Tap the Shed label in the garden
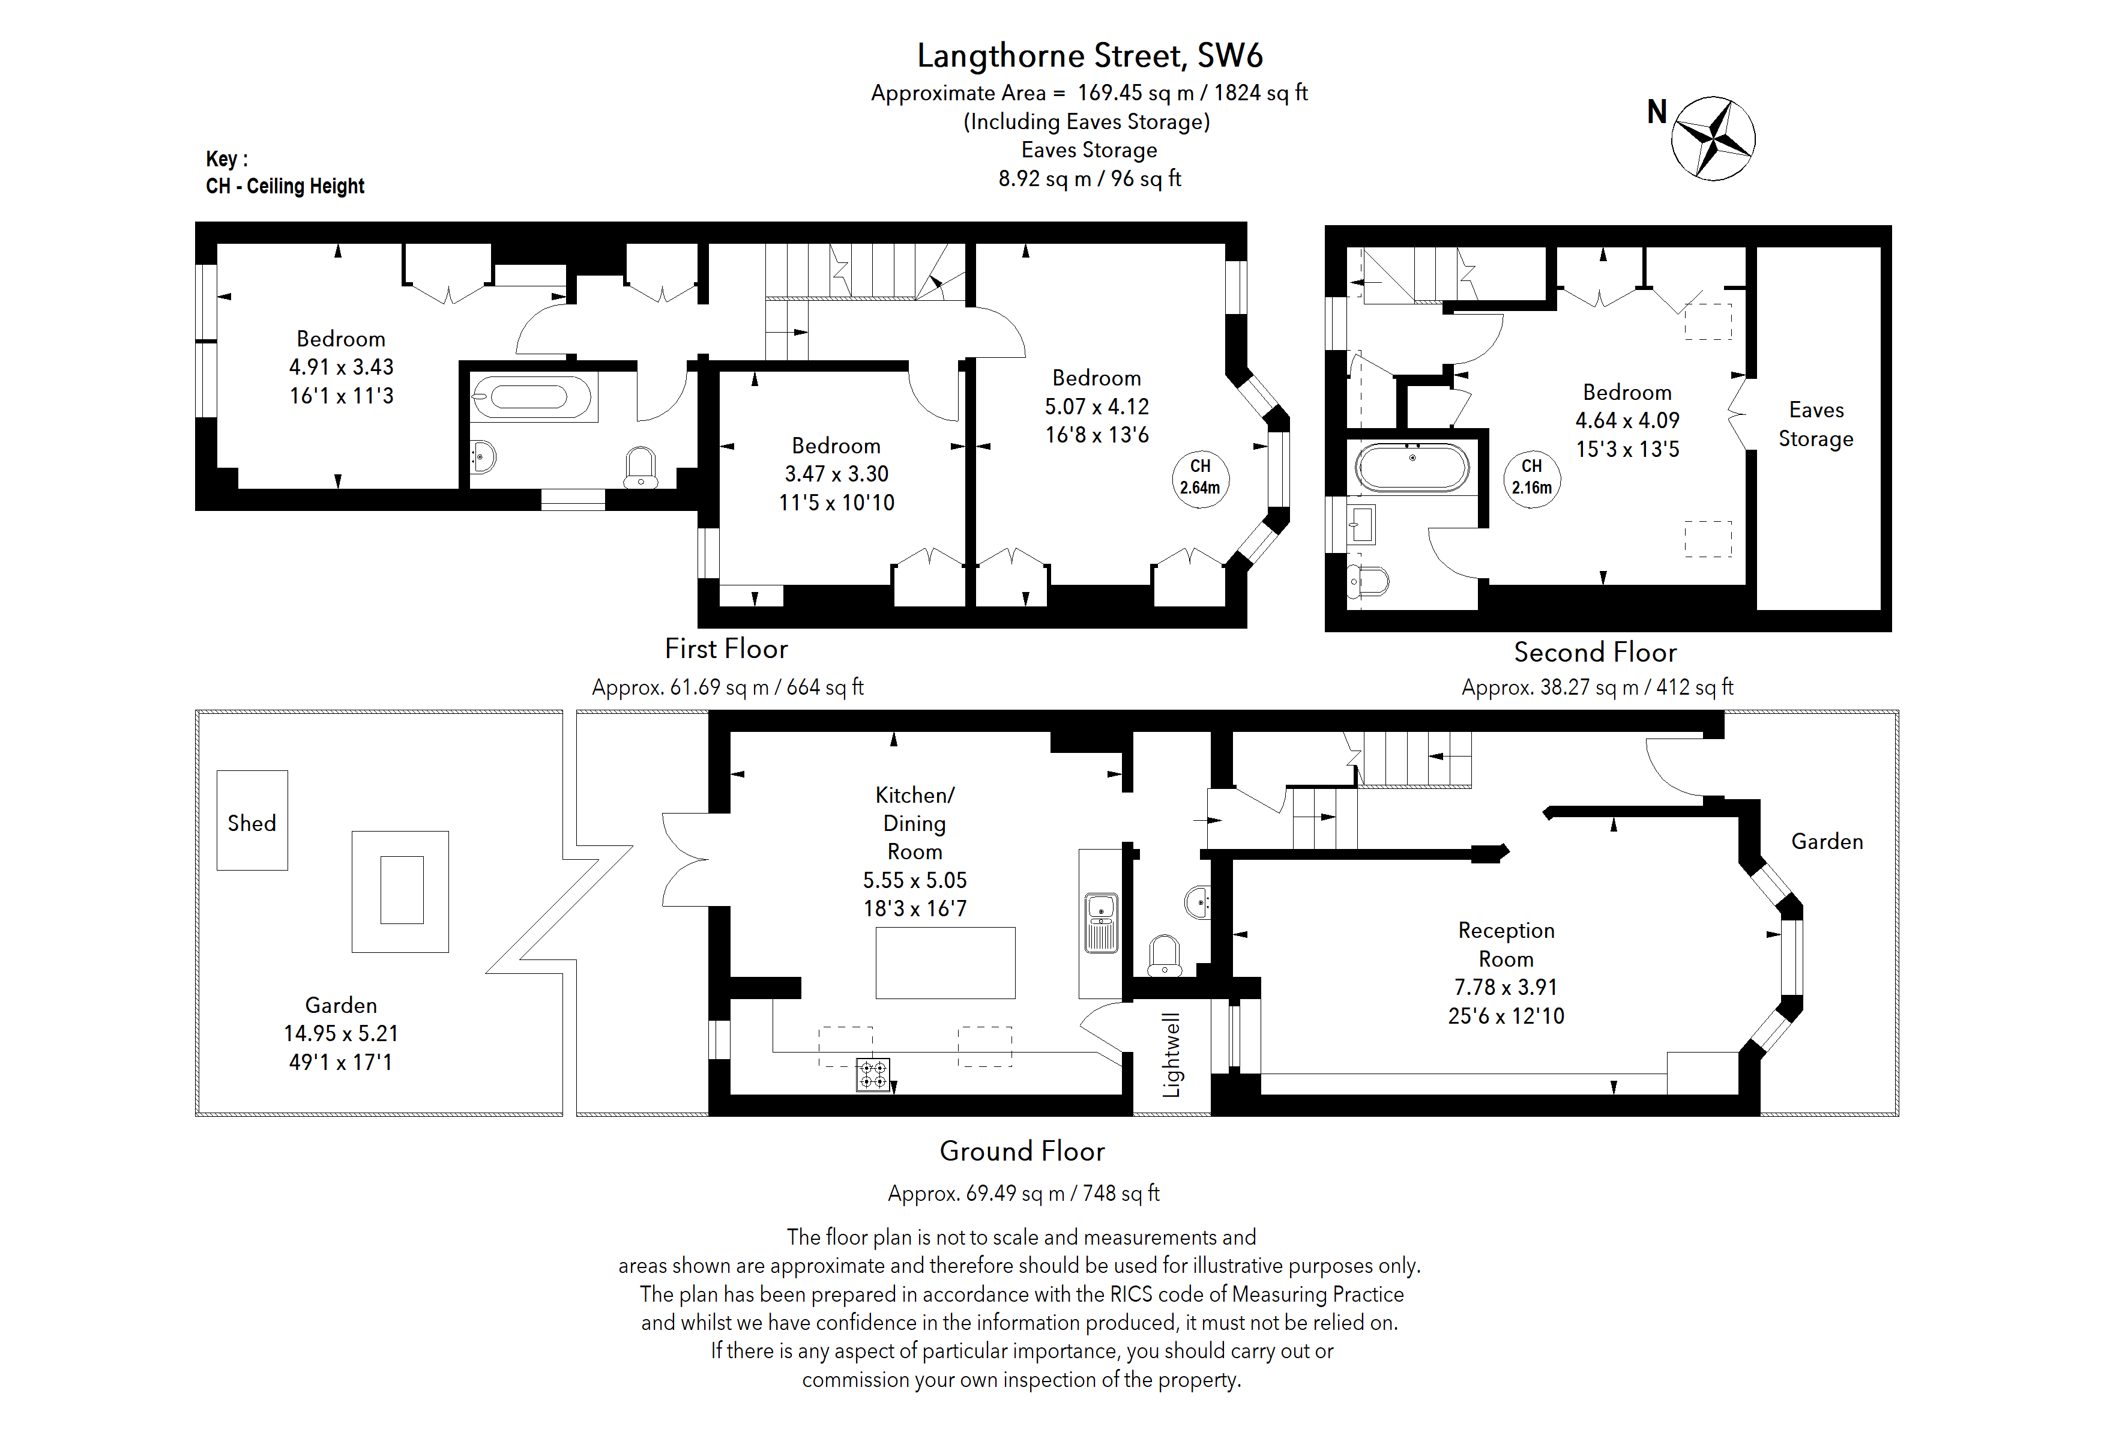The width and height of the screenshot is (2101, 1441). pos(252,823)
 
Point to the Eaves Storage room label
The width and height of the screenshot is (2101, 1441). pos(1815,424)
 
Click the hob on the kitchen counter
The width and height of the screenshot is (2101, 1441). pos(873,1075)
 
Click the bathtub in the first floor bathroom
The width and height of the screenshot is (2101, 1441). pos(530,397)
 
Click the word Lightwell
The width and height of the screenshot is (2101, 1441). pos(1172,1054)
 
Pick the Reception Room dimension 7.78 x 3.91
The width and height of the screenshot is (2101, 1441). pos(1506,987)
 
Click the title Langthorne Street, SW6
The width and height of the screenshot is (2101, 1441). pos(1090,56)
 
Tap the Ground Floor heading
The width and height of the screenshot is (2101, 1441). pos(1022,1151)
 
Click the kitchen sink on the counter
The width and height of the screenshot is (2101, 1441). pos(1101,922)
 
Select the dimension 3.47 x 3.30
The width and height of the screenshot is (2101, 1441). pos(836,474)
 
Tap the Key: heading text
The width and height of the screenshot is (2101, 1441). pos(227,159)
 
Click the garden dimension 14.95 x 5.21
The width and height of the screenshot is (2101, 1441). pos(341,1033)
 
